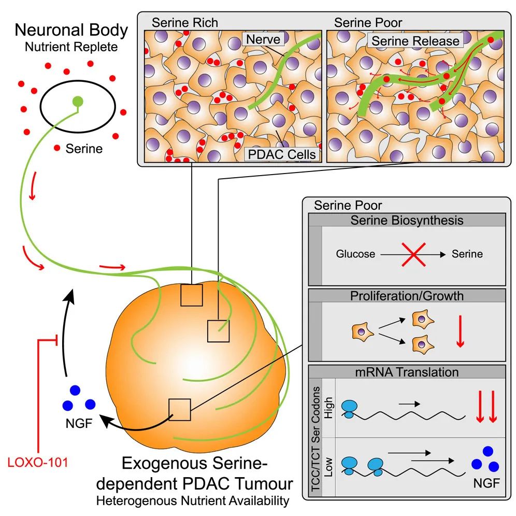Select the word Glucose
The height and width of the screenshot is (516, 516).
[x=356, y=254]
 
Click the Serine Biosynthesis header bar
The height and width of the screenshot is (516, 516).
[x=406, y=220]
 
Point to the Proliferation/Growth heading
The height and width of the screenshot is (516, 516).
[x=406, y=296]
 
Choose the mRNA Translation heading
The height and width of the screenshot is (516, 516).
[x=406, y=372]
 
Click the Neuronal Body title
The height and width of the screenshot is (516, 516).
[x=71, y=30]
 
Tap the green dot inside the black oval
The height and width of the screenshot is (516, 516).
[x=77, y=101]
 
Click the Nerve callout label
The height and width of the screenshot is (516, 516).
[x=263, y=40]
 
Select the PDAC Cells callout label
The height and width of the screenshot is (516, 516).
[x=281, y=154]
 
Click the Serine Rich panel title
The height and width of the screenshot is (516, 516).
[x=184, y=23]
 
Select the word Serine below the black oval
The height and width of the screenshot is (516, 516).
[x=84, y=149]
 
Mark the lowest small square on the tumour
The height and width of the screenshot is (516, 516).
[x=180, y=410]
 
